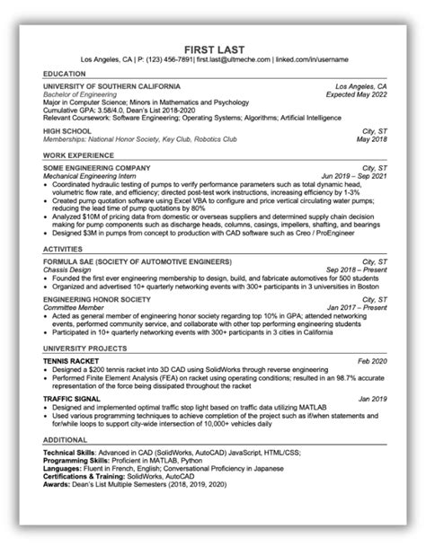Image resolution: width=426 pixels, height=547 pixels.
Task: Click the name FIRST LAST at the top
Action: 213,47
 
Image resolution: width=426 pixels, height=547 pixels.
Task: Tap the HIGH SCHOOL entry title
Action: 64,132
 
